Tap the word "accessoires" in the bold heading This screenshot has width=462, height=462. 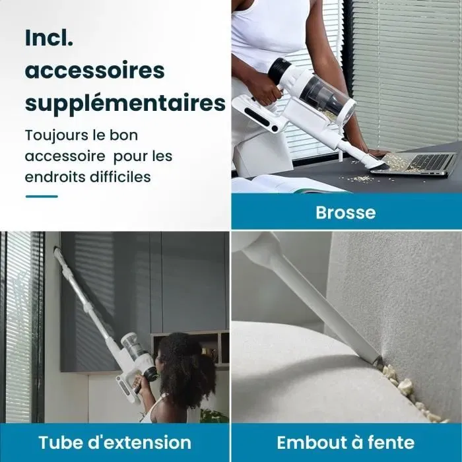click(x=94, y=70)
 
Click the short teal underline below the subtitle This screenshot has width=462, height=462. click(x=42, y=196)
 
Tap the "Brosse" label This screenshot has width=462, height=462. click(x=345, y=213)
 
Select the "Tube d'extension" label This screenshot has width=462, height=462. click(x=115, y=442)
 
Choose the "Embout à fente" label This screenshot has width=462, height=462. click(x=345, y=442)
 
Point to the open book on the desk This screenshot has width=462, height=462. click(x=284, y=184)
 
